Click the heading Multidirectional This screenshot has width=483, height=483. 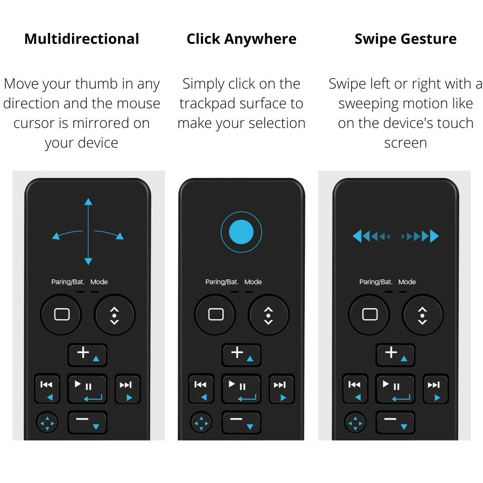tap(81, 39)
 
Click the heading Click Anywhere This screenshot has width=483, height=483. tap(241, 39)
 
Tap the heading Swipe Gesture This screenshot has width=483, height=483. tap(405, 39)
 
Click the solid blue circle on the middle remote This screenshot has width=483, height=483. tap(241, 232)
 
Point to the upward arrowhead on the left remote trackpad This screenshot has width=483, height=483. tap(88, 202)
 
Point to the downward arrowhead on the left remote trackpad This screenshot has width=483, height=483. tap(88, 261)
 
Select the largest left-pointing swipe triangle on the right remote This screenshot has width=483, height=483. tap(357, 236)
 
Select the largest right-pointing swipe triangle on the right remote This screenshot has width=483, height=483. tap(434, 236)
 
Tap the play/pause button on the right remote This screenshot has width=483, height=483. tap(395, 389)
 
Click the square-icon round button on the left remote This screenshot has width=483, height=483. tap(61, 314)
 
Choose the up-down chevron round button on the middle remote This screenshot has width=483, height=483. tap(268, 315)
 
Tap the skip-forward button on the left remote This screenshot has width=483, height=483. tap(127, 389)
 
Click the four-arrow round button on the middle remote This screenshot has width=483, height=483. tap(201, 422)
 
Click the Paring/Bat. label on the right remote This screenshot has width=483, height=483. tap(376, 282)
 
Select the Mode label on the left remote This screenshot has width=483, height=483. tap(99, 282)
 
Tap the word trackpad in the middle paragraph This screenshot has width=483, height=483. tap(208, 103)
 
